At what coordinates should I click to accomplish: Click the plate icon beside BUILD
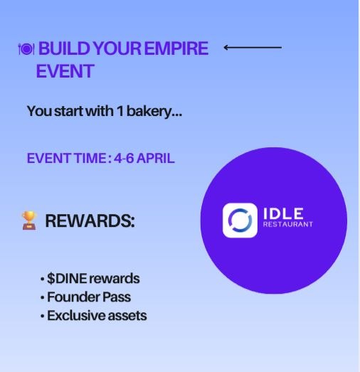click(26, 49)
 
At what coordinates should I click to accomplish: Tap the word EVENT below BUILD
click(65, 71)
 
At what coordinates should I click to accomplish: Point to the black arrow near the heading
click(253, 48)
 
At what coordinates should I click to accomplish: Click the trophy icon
click(29, 221)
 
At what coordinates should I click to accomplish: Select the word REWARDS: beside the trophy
click(90, 221)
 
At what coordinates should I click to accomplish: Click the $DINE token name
click(70, 278)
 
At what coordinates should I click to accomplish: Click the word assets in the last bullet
click(125, 314)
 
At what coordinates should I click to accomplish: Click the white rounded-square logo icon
click(240, 220)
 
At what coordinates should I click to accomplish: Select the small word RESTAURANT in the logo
click(288, 226)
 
